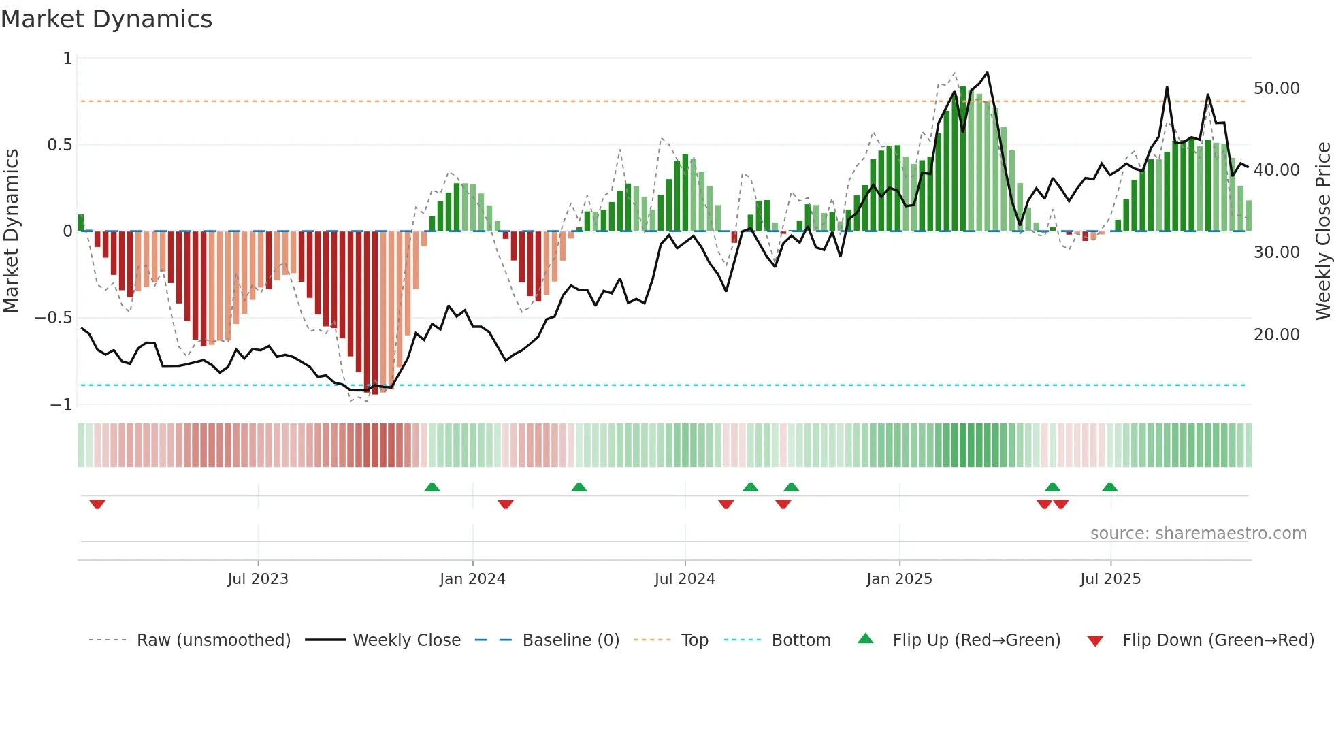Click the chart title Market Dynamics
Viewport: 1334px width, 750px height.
(107, 19)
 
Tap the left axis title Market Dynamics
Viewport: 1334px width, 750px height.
(11, 231)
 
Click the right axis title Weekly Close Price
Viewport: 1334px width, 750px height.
(1322, 231)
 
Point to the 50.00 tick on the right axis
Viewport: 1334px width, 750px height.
(1276, 88)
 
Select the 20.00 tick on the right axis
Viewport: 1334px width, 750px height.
(1276, 335)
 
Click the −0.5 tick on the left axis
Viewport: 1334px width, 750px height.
(54, 318)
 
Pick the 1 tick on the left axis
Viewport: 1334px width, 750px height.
(67, 59)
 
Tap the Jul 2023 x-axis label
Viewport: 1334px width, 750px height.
(258, 579)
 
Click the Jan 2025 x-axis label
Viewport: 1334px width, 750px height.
(899, 579)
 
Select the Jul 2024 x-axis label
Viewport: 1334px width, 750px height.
(685, 579)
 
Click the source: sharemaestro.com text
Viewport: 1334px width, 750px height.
(1198, 534)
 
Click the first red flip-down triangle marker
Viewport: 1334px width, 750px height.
(97, 504)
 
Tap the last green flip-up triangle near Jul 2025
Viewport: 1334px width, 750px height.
(1109, 487)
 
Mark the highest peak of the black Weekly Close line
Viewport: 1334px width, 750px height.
(987, 73)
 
